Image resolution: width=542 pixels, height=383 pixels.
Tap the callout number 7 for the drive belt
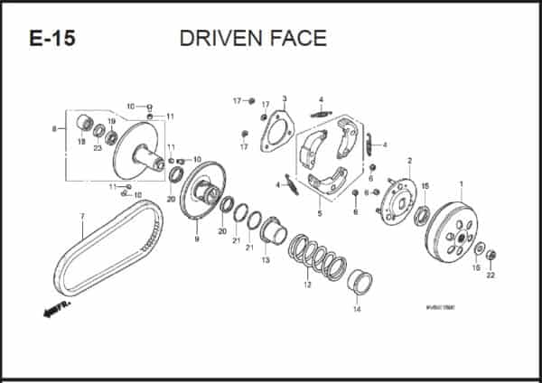coord(82,216)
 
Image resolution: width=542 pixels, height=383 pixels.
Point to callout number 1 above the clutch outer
coord(461,184)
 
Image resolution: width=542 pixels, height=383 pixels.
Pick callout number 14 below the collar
coord(356,310)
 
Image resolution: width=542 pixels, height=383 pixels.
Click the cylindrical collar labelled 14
coord(360,282)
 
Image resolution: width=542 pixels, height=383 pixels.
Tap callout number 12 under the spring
coord(307,285)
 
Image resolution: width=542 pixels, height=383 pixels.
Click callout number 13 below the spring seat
coord(266,260)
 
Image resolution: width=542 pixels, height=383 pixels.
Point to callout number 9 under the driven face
coord(196,239)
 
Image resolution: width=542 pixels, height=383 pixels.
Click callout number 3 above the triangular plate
coord(284,98)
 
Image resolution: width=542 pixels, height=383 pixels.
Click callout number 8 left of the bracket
coord(54,129)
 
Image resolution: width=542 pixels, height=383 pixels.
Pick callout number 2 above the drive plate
coord(409,161)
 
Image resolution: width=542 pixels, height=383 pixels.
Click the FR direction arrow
coord(56,310)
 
